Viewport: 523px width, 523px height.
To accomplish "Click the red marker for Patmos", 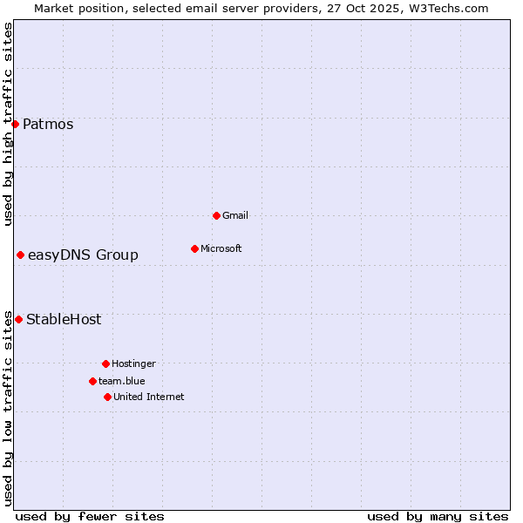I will pyautogui.click(x=15, y=124).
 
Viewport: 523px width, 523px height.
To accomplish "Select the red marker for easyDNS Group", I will pyautogui.click(x=20, y=255).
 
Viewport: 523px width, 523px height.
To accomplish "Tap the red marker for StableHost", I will pyautogui.click(x=18, y=319).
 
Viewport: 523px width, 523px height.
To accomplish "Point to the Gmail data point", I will pyautogui.click(x=216, y=215).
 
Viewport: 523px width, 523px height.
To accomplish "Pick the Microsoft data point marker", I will pyautogui.click(x=194, y=248).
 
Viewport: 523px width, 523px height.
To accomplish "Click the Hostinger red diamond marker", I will pyautogui.click(x=105, y=363).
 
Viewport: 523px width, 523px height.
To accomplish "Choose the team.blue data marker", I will pyautogui.click(x=92, y=381).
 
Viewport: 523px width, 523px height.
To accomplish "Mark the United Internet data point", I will pyautogui.click(x=107, y=397).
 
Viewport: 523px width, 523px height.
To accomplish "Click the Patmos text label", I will pyautogui.click(x=48, y=124).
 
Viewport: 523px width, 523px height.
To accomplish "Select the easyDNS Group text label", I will pyautogui.click(x=83, y=255).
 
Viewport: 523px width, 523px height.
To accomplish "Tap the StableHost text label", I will pyautogui.click(x=64, y=319).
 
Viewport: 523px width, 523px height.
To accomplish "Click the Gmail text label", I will pyautogui.click(x=235, y=215).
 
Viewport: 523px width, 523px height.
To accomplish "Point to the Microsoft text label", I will pyautogui.click(x=221, y=248).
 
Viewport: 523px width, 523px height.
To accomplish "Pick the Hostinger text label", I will pyautogui.click(x=133, y=363).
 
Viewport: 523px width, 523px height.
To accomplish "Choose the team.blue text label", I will pyautogui.click(x=122, y=381).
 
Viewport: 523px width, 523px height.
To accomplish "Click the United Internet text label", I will pyautogui.click(x=149, y=397).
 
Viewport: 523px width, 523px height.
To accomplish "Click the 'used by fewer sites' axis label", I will pyautogui.click(x=90, y=516).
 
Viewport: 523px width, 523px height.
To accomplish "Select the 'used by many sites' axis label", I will pyautogui.click(x=438, y=516).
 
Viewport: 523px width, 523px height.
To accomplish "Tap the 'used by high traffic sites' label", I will pyautogui.click(x=8, y=124).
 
